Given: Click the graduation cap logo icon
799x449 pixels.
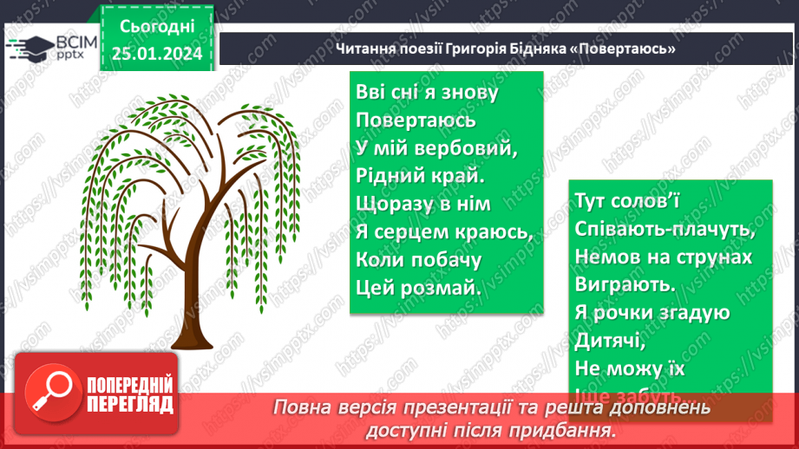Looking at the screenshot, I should (30, 48).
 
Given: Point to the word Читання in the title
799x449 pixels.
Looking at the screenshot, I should (365, 48).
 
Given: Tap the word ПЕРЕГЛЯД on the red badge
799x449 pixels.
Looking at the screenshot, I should (129, 404).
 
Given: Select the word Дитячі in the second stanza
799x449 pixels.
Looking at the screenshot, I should (609, 341).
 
